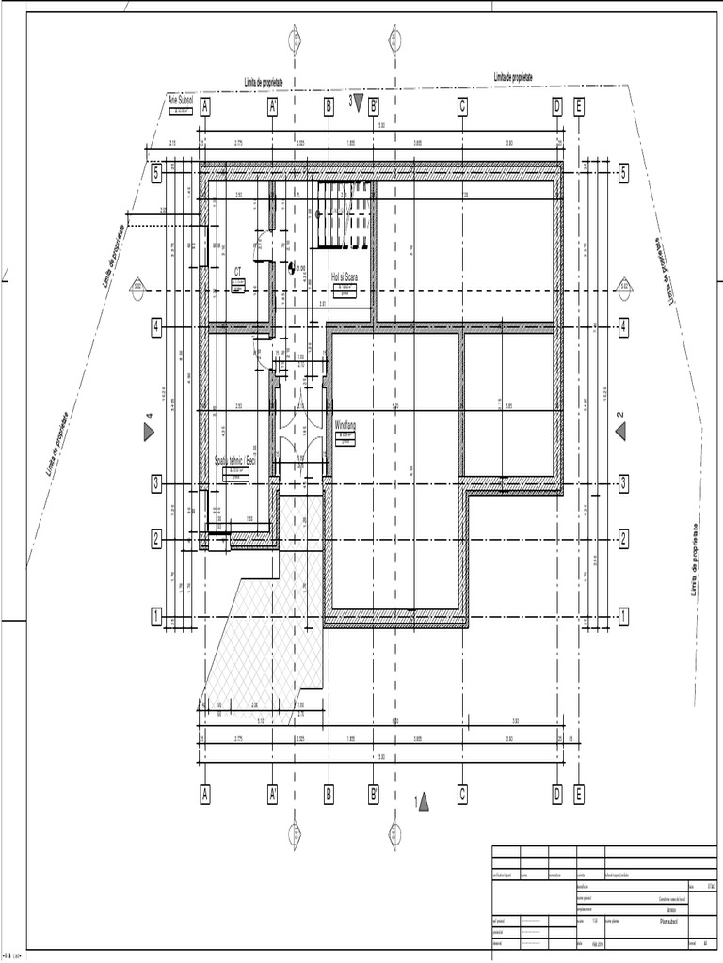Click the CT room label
(x=237, y=272)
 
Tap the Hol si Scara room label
(x=345, y=277)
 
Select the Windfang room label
(x=346, y=425)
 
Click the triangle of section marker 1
(x=425, y=801)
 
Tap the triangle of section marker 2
(x=621, y=431)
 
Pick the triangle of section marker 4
(x=149, y=432)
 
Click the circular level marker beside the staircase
(x=291, y=267)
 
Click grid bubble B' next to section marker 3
(x=374, y=106)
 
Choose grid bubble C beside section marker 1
(x=463, y=795)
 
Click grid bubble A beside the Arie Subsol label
(x=205, y=106)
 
